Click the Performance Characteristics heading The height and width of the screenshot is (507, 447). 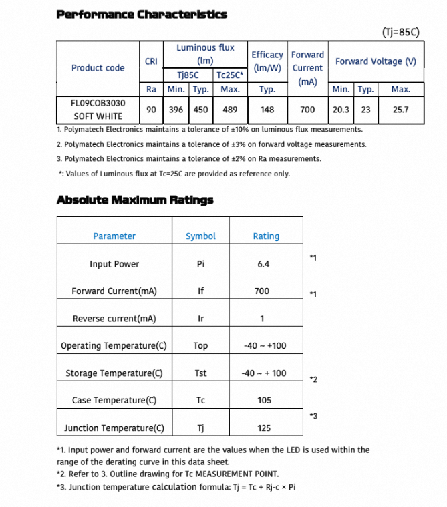[x=142, y=14]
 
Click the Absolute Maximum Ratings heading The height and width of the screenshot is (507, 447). [x=135, y=200]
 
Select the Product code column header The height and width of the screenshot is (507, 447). [x=98, y=68]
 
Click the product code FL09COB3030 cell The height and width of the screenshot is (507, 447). [x=98, y=104]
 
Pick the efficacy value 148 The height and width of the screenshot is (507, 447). [x=267, y=110]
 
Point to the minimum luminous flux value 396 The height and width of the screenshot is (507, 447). [x=176, y=110]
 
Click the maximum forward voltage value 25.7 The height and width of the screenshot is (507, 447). [x=400, y=110]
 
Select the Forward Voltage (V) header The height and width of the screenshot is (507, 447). [x=376, y=61]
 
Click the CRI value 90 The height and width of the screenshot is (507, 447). [x=151, y=110]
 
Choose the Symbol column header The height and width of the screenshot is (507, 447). [x=200, y=236]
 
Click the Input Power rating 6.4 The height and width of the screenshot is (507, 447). [x=263, y=264]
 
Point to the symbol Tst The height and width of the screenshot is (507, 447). [x=200, y=373]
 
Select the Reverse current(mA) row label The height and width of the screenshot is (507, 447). [x=114, y=319]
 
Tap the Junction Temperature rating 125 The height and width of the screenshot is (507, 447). [x=264, y=428]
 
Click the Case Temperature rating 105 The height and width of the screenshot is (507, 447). [x=264, y=401]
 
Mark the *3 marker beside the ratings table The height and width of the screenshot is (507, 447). [x=313, y=417]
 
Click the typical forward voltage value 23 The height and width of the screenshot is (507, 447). [x=365, y=110]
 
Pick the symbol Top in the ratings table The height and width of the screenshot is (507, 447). [x=200, y=346]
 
